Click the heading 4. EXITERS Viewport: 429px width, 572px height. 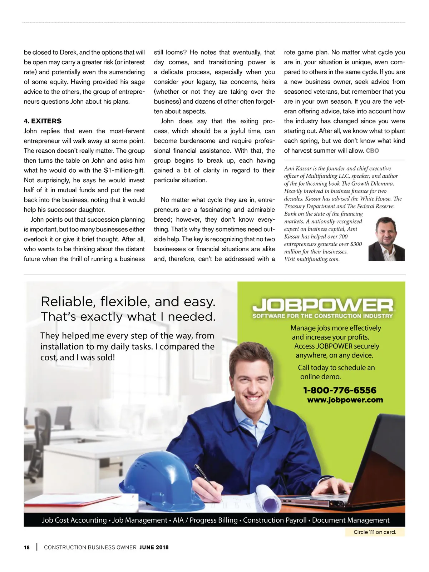tap(43, 121)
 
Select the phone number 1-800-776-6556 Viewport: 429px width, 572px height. tap(340, 390)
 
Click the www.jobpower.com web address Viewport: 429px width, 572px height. tap(345, 400)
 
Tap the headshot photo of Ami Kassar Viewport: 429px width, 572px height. tap(387, 239)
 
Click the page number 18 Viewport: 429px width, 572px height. tap(27, 547)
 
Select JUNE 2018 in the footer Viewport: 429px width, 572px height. tap(154, 547)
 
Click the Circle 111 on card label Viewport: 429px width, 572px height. tap(375, 532)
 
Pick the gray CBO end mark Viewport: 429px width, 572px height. tap(372, 151)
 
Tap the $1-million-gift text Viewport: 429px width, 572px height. tap(124, 171)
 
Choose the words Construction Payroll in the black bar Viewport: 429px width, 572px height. tap(275, 520)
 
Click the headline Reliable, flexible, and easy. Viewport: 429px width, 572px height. tap(128, 302)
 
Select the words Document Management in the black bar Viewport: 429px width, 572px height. tap(351, 520)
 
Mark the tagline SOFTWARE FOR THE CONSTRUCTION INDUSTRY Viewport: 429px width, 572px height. tap(322, 316)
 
